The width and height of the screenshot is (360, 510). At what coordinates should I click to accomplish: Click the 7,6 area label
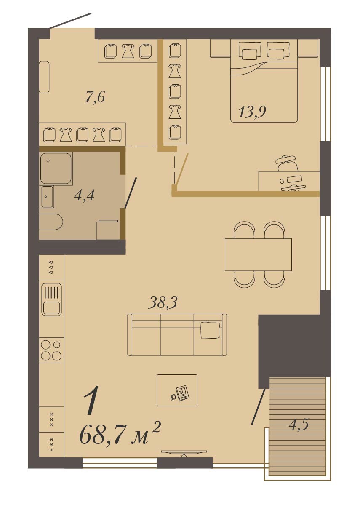click(95, 97)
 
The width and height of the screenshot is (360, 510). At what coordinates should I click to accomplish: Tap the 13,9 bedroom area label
click(252, 112)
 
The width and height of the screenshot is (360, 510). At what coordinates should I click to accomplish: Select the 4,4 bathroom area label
click(84, 195)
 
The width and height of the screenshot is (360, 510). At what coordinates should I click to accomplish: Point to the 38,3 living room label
click(163, 303)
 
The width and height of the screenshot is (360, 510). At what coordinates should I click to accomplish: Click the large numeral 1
click(91, 400)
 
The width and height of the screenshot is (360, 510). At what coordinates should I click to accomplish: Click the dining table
click(258, 254)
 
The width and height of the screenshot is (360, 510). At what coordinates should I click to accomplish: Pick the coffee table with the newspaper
click(177, 390)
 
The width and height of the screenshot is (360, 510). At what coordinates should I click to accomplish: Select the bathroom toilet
click(51, 222)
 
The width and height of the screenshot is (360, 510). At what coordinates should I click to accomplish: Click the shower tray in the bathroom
click(56, 168)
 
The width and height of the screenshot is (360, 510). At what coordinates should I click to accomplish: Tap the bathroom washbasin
click(47, 197)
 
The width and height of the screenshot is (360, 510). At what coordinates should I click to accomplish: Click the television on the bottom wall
click(184, 453)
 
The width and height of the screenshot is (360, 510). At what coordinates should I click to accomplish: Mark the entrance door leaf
click(70, 21)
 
